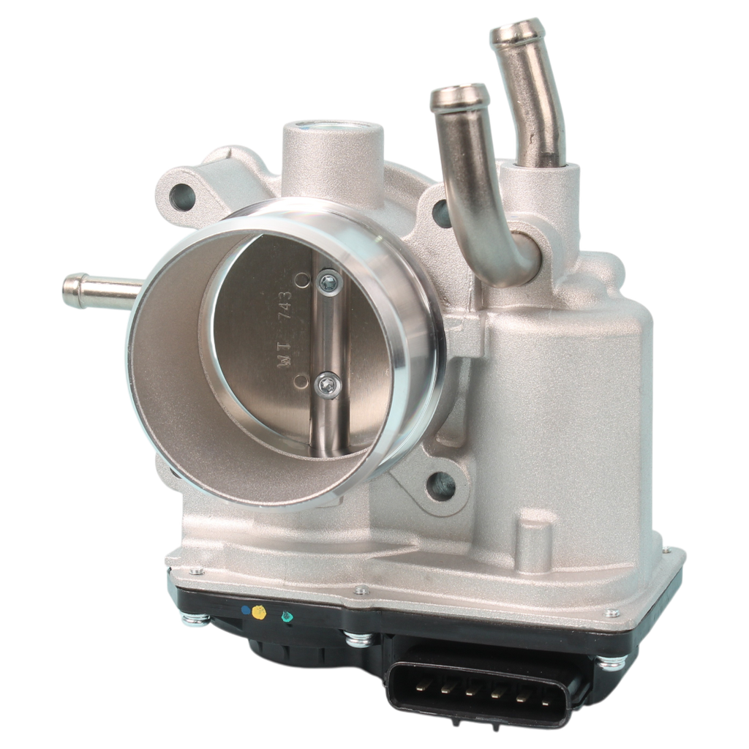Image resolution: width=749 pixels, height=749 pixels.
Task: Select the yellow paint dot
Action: pos(259,612)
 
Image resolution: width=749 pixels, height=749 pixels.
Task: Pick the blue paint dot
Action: pos(246,610)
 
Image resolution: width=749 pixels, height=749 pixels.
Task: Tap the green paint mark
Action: pos(287,616)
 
